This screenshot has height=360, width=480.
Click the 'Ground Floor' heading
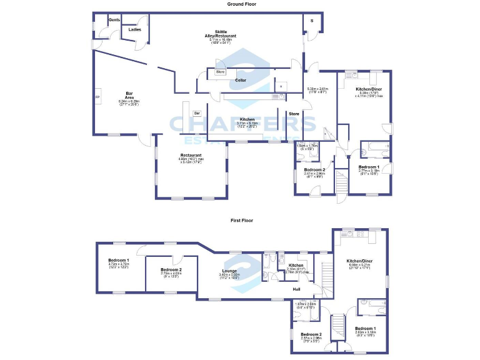[x=241, y=4]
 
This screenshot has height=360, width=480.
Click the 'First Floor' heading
[x=241, y=221]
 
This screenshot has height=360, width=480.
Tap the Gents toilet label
[x=114, y=20]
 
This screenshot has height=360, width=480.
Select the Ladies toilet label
[x=134, y=29]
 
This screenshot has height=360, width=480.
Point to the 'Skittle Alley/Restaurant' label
[x=221, y=34]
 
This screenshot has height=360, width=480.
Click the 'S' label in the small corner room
[x=312, y=20]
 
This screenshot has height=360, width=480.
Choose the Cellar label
[x=241, y=81]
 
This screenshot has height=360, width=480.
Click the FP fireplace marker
[x=97, y=98]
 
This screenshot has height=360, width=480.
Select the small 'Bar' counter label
[x=197, y=113]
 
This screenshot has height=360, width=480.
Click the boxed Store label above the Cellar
[x=220, y=72]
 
